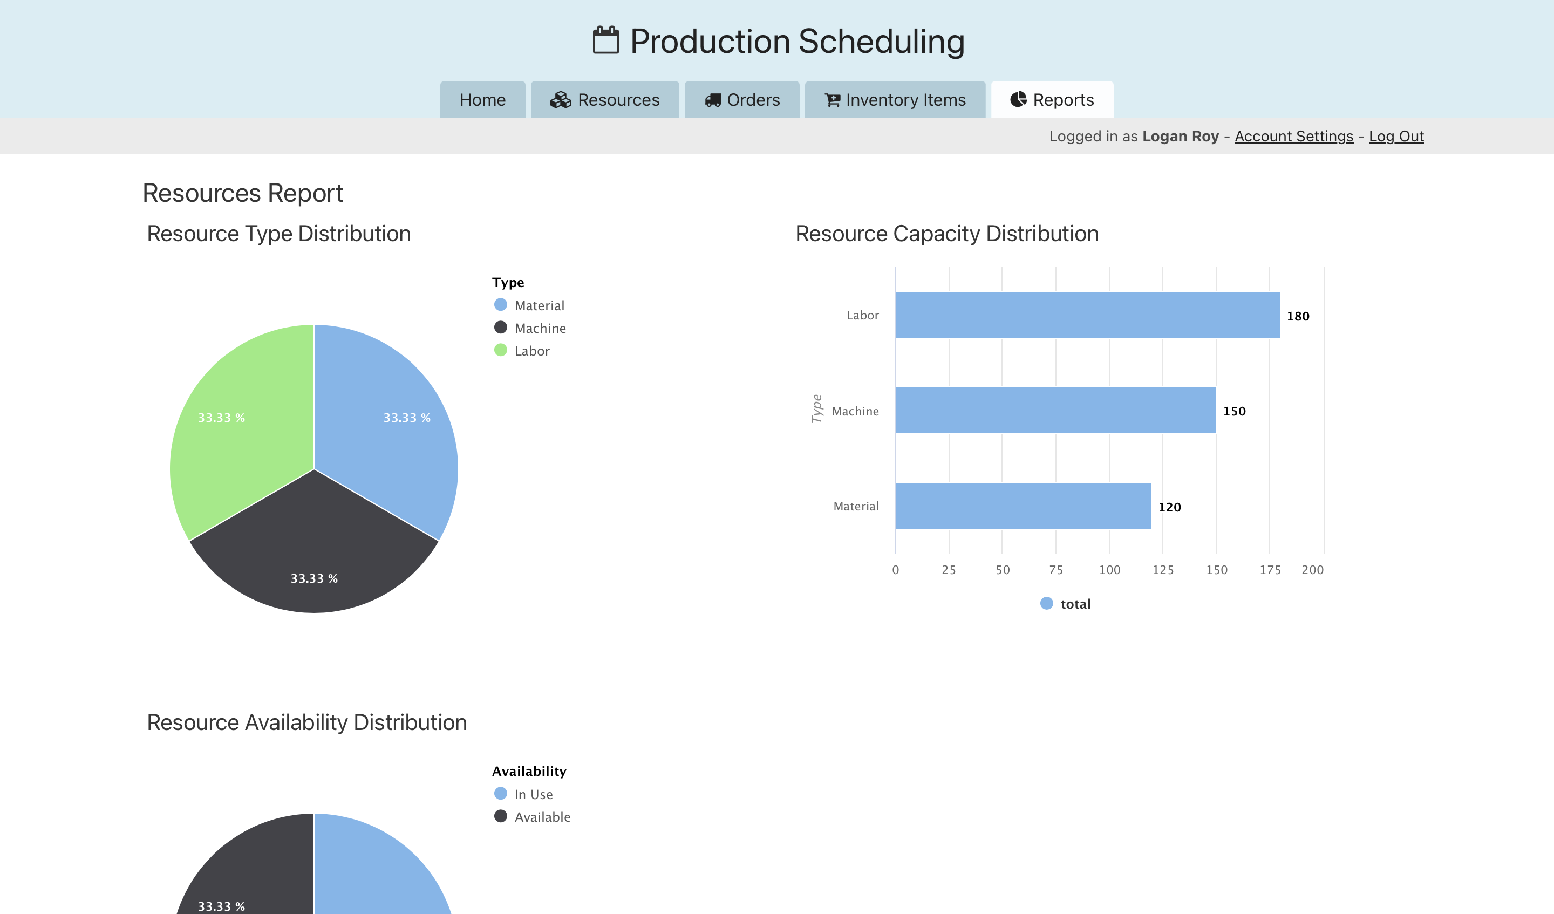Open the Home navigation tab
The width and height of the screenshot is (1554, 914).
pyautogui.click(x=482, y=100)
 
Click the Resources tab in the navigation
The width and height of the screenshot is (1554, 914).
pyautogui.click(x=604, y=100)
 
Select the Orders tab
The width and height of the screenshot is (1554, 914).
pyautogui.click(x=742, y=100)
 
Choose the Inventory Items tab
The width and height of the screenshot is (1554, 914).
pyautogui.click(x=895, y=100)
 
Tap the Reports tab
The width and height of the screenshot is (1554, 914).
pyautogui.click(x=1052, y=100)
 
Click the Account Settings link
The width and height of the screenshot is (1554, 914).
pyautogui.click(x=1293, y=137)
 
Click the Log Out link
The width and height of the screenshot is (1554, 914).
pyautogui.click(x=1396, y=137)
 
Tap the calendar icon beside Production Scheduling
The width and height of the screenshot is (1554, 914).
pyautogui.click(x=605, y=40)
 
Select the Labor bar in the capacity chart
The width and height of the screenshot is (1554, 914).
pyautogui.click(x=1087, y=315)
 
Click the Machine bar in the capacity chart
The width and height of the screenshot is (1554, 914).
pyautogui.click(x=1055, y=410)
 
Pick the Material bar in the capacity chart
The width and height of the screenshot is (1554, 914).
pyautogui.click(x=1023, y=506)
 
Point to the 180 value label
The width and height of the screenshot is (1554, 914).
pyautogui.click(x=1298, y=316)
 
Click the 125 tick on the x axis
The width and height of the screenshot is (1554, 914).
pyautogui.click(x=1162, y=570)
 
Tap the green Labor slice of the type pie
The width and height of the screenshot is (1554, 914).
pyautogui.click(x=241, y=419)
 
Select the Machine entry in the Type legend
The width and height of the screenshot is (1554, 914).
pyautogui.click(x=540, y=328)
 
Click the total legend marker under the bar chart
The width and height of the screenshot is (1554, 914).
pyautogui.click(x=1046, y=604)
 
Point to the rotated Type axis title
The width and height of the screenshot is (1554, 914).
pyautogui.click(x=816, y=409)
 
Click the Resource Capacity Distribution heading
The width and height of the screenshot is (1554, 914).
pyautogui.click(x=946, y=234)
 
